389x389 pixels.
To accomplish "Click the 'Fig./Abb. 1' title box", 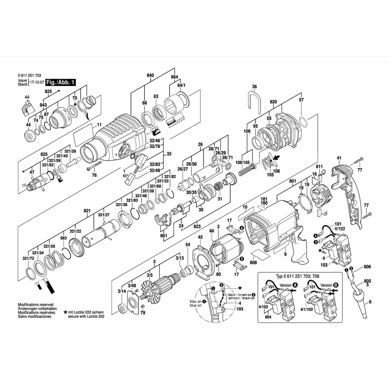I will (60, 82).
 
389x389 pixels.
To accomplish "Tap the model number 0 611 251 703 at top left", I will (30, 75).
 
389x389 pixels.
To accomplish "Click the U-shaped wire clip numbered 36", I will (254, 102).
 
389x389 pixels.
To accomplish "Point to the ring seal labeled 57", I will (305, 124).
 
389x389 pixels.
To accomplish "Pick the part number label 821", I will (87, 211).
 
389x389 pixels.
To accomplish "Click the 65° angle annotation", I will (126, 176).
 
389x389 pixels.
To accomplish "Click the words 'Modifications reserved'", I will (35, 305).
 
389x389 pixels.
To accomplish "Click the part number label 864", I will (174, 77).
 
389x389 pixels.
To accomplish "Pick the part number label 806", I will (367, 267).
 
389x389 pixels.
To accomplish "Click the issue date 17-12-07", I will (36, 82).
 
